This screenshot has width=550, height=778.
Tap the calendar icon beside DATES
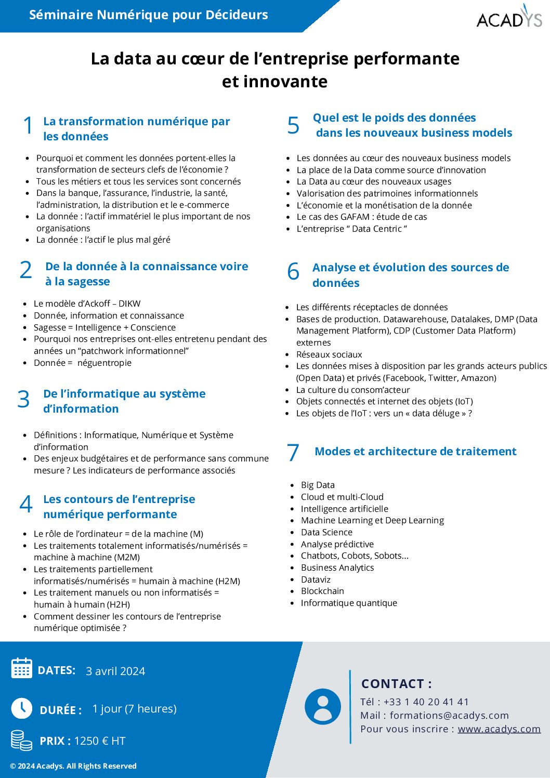pos(22,668)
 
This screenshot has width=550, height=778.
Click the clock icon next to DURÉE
pos(22,708)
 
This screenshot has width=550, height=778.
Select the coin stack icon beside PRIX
pos(21,740)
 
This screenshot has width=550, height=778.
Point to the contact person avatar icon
pos(323,706)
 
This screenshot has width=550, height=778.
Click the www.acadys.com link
pos(499,729)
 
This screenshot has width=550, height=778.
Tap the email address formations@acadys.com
pos(449,715)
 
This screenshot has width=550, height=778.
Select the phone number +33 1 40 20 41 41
pos(426,702)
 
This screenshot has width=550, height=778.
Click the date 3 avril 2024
pos(115,671)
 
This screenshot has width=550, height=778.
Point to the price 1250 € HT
pos(100,741)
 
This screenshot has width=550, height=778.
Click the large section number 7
pos(293,452)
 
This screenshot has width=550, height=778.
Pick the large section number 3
pos(23,399)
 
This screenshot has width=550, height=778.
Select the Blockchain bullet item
pos(322,591)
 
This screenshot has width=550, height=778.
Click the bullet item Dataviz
pos(316,579)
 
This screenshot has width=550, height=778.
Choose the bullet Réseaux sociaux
pos(329,354)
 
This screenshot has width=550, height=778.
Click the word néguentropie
pos(104,363)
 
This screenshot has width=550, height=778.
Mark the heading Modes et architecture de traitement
pos(415,451)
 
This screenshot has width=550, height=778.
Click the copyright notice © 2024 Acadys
pos(73,766)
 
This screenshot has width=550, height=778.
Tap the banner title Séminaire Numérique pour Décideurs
pos(149,15)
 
